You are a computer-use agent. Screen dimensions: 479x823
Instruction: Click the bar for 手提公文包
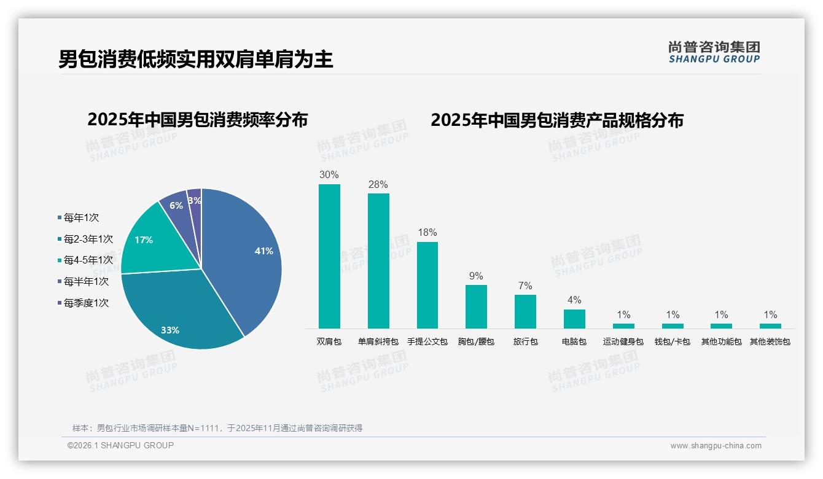click(427, 285)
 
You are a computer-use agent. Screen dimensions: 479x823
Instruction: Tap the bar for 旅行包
click(525, 311)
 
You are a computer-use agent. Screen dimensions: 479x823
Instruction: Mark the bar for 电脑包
click(574, 319)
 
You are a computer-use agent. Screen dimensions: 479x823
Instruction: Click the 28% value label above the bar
click(378, 185)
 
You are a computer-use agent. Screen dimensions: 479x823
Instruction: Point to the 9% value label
click(476, 276)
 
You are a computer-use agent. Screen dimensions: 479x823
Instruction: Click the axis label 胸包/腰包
click(476, 341)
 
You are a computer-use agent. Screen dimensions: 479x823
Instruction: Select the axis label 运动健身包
click(623, 341)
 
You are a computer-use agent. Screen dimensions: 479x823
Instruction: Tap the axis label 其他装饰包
click(770, 341)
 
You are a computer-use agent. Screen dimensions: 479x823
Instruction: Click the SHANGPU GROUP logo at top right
click(714, 52)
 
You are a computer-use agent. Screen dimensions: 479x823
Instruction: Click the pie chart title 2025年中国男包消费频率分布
click(198, 120)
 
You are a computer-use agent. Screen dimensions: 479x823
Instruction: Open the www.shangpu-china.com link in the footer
click(716, 446)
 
